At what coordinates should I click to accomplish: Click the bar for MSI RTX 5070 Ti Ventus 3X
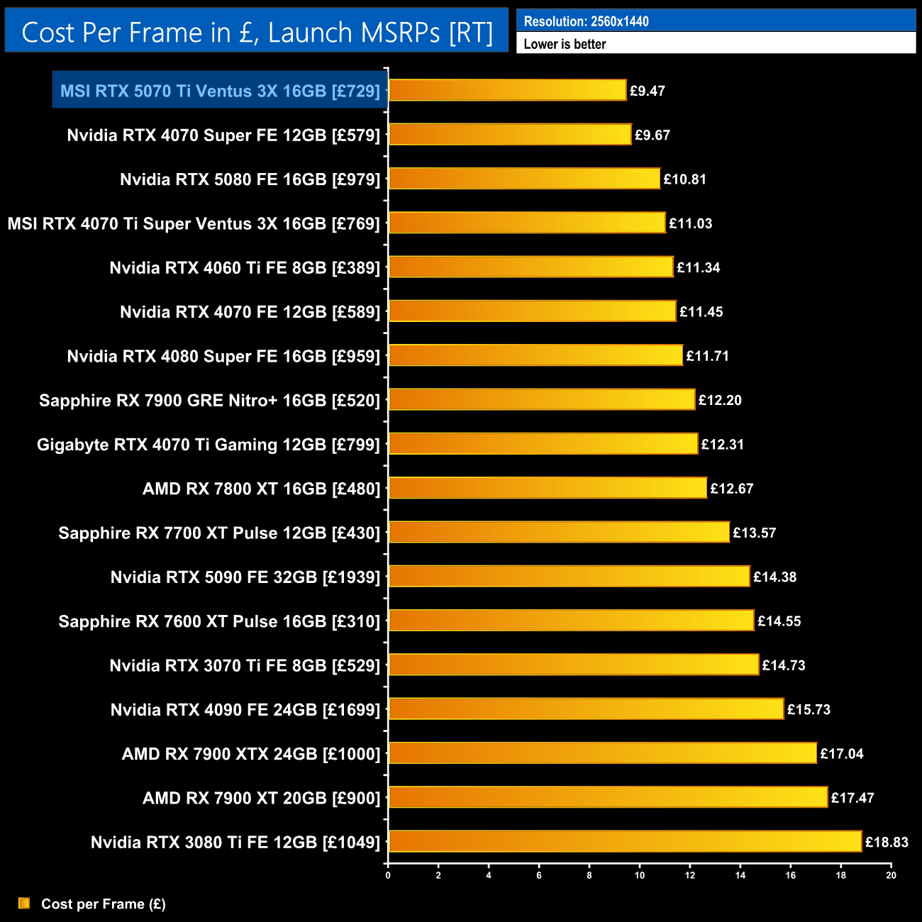(x=507, y=90)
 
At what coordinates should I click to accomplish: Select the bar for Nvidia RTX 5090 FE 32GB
(x=569, y=577)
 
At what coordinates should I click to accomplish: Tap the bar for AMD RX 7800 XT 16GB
(x=548, y=488)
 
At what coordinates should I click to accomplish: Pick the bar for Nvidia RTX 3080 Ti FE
(x=625, y=841)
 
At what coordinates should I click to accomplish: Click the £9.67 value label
(x=652, y=135)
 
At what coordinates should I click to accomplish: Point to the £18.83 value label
(x=887, y=842)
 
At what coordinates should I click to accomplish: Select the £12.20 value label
(x=720, y=400)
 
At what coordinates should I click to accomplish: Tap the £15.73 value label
(x=809, y=709)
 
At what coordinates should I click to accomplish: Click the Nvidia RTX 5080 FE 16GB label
(x=250, y=179)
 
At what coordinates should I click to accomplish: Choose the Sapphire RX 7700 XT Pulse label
(x=219, y=533)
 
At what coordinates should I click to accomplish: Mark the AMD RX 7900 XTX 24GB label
(x=251, y=754)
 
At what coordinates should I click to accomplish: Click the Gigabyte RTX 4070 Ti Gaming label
(x=209, y=445)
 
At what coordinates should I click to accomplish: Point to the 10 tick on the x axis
(x=640, y=875)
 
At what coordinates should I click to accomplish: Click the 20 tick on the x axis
(x=891, y=875)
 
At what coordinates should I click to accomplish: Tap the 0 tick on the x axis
(x=388, y=875)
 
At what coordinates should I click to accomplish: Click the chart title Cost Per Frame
(x=257, y=32)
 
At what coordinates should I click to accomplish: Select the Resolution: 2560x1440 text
(x=586, y=21)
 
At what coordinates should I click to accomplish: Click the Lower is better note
(x=565, y=44)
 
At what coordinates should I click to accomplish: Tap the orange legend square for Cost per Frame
(x=24, y=903)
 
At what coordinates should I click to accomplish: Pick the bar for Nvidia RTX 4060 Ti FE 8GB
(x=531, y=267)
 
